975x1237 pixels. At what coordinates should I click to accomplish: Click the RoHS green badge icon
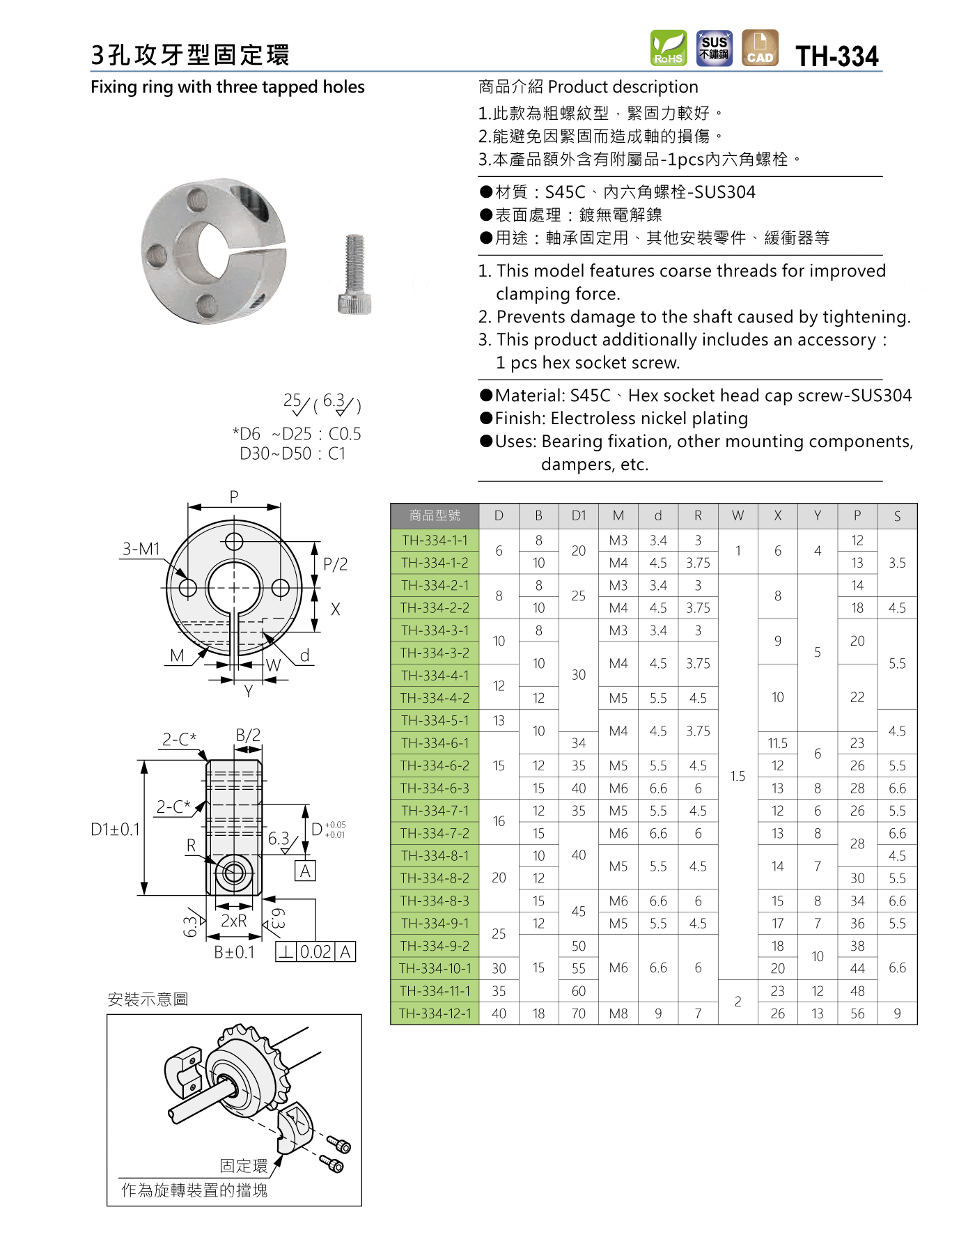tap(669, 48)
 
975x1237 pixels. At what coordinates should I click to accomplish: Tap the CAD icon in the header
tap(760, 48)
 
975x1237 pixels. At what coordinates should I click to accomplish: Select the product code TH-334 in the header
tap(837, 56)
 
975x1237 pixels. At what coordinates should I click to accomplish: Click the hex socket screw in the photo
tap(354, 274)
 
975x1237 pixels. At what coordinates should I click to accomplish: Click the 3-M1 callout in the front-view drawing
tap(141, 549)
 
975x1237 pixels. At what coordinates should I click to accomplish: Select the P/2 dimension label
tap(335, 564)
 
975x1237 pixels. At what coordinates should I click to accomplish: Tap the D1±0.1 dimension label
tap(116, 830)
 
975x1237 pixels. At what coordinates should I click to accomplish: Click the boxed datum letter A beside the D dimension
tap(305, 871)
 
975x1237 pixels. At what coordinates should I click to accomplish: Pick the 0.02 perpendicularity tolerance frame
tap(315, 951)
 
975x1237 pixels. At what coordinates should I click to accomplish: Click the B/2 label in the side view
tap(248, 736)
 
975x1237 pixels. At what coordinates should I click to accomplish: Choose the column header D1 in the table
tap(578, 515)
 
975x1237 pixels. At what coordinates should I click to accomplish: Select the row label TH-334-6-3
tap(435, 788)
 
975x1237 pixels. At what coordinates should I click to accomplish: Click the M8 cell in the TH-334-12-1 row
tap(618, 1013)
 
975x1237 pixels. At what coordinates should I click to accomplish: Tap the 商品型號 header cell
tap(435, 515)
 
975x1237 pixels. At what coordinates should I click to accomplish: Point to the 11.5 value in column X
tap(777, 743)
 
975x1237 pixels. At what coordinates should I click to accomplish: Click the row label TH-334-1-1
tap(435, 540)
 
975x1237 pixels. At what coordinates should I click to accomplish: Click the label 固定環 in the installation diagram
tap(243, 1166)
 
